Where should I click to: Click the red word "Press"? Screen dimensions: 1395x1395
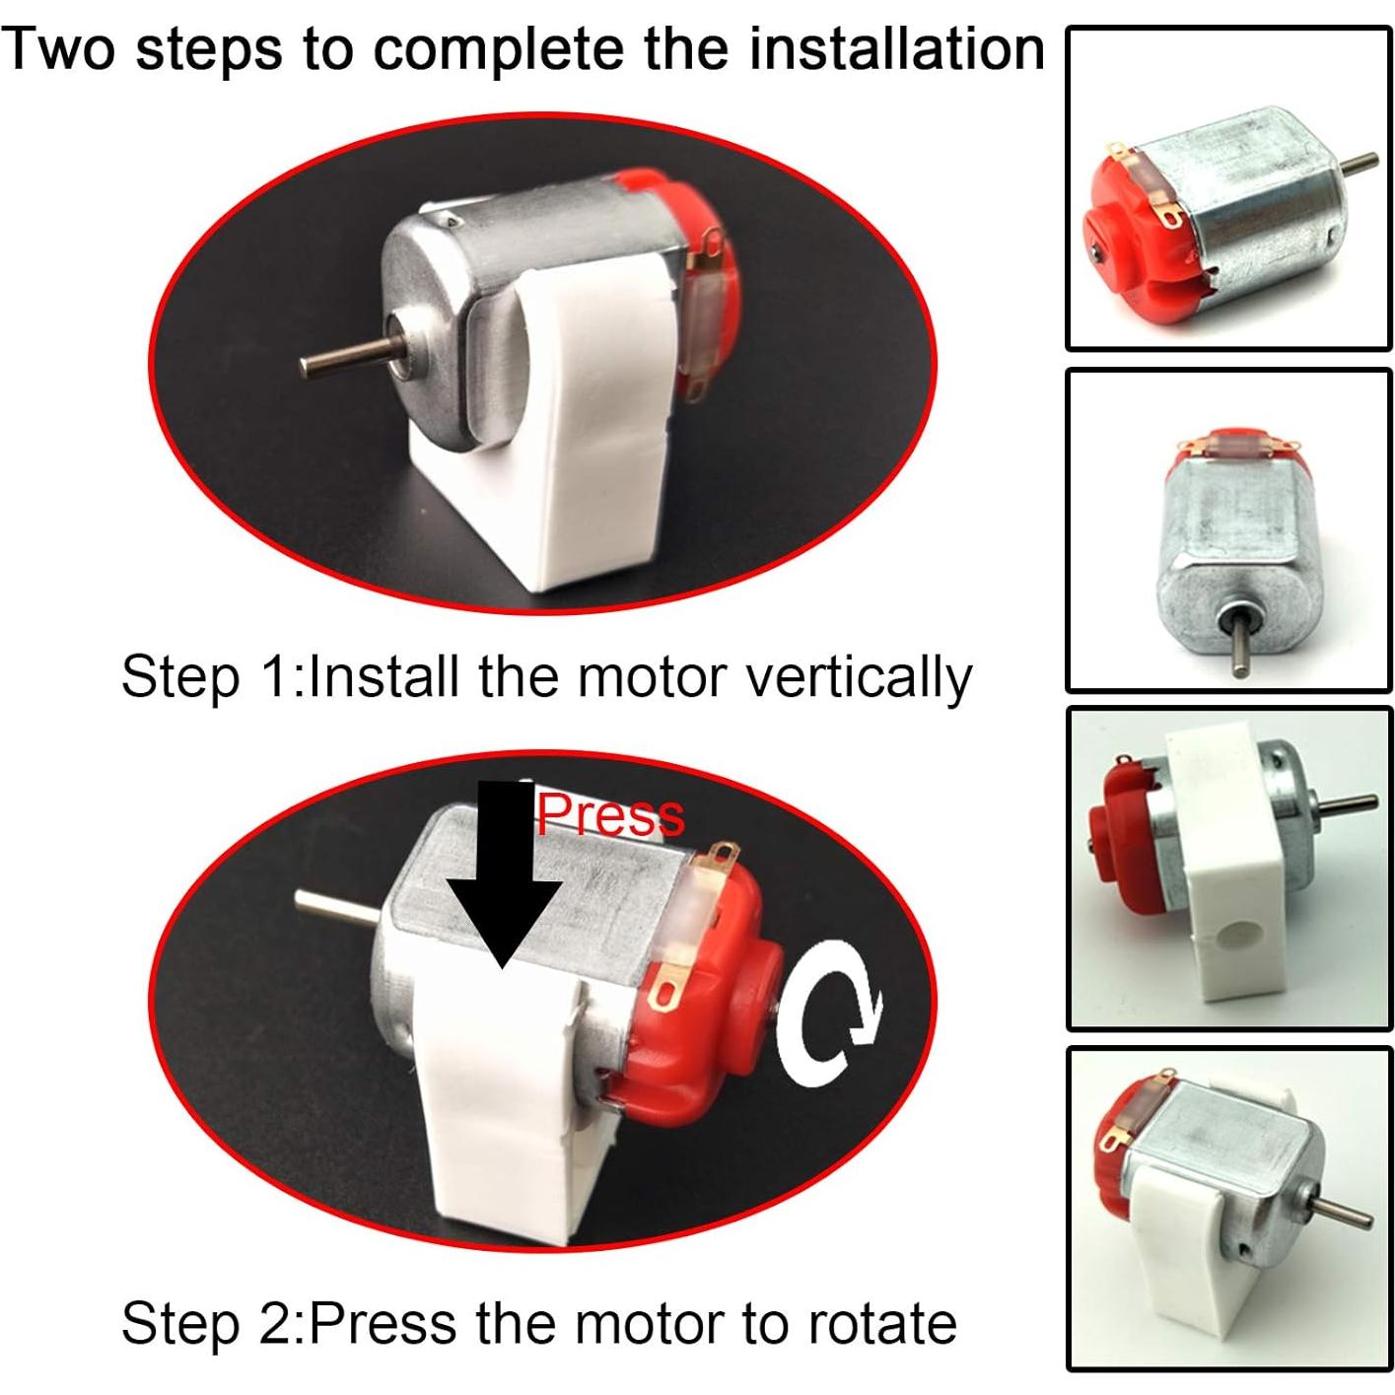[609, 815]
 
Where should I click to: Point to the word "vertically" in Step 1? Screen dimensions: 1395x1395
[859, 678]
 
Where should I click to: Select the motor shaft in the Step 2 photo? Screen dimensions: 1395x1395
[334, 908]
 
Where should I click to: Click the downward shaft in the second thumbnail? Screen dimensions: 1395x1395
[1240, 648]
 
